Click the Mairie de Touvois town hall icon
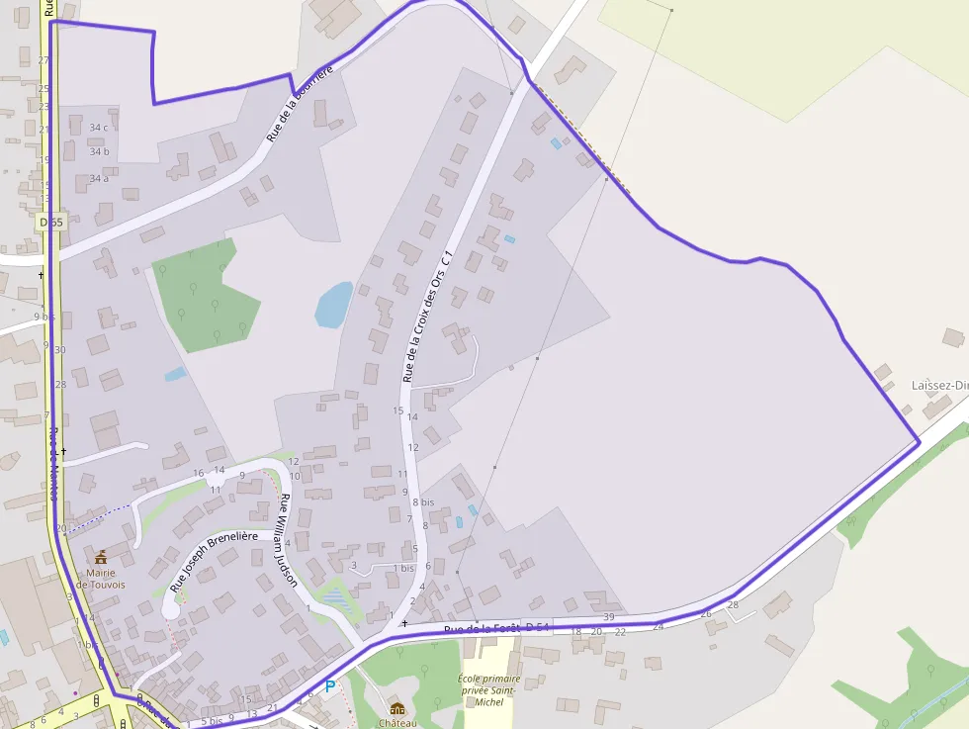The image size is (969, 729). click(x=100, y=558)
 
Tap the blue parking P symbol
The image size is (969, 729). click(x=330, y=686)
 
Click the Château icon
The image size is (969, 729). click(x=397, y=708)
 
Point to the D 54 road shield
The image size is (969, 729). click(x=537, y=627)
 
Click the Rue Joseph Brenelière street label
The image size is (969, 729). click(x=213, y=561)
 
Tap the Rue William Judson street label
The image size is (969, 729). click(x=288, y=540)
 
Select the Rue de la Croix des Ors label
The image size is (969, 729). click(x=428, y=317)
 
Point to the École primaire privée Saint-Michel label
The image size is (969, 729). click(x=488, y=689)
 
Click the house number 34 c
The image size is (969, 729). click(x=99, y=128)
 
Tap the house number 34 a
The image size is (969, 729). click(x=99, y=178)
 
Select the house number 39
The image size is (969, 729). click(x=609, y=617)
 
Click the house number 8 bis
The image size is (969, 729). click(x=423, y=502)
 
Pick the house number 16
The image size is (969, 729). click(x=199, y=473)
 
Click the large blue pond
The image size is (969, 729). click(x=333, y=305)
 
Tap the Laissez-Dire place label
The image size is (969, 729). click(x=939, y=386)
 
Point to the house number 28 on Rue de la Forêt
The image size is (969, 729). click(x=733, y=604)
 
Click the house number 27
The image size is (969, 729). click(x=44, y=60)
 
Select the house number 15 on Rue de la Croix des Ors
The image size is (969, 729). click(x=398, y=410)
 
